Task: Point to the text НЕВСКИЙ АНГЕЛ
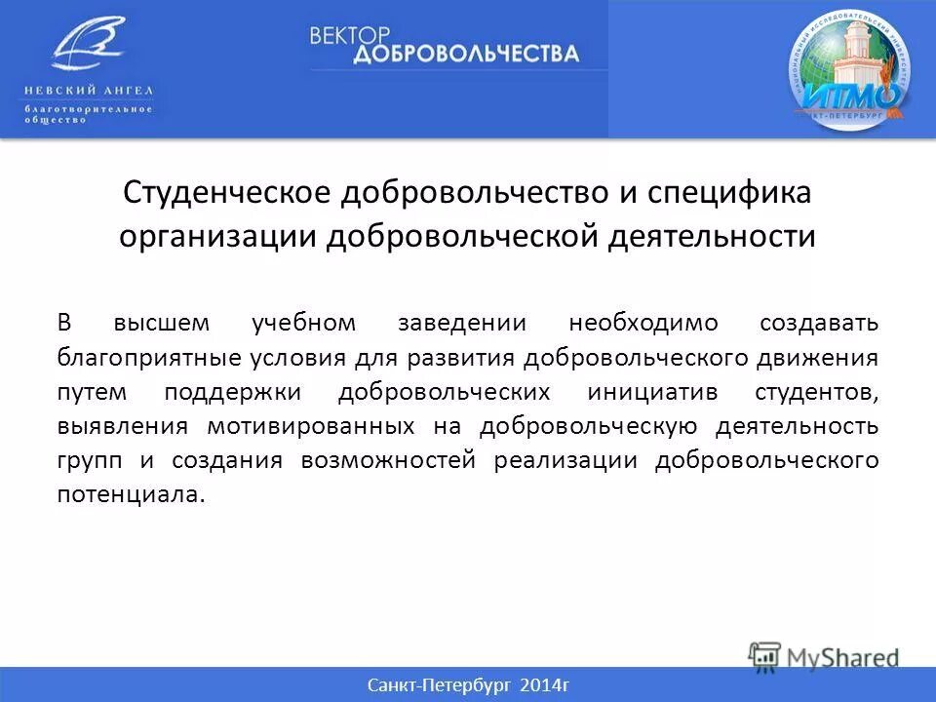click(x=89, y=90)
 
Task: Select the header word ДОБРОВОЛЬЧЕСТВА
click(x=465, y=54)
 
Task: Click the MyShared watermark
click(x=825, y=656)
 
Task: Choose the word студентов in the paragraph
click(x=816, y=391)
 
